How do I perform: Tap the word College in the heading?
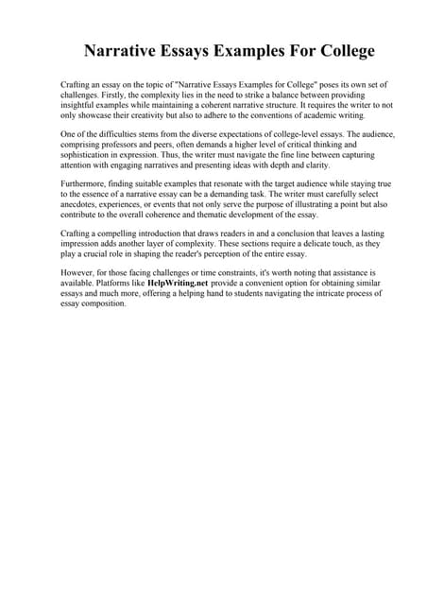pyautogui.click(x=339, y=51)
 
